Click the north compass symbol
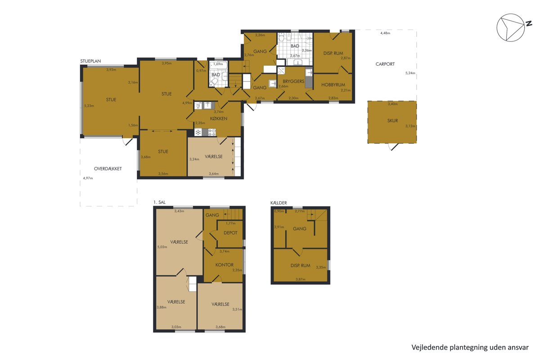point(513,27)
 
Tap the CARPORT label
point(385,64)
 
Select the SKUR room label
point(392,121)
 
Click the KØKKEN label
point(218,118)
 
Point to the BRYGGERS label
point(293,81)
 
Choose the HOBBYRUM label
point(333,85)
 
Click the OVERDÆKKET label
point(108,169)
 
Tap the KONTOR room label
point(224,265)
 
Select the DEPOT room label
point(230,233)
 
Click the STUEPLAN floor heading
point(90,61)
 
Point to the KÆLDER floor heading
point(279,203)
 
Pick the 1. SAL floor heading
point(159,202)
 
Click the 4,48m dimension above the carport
point(385,33)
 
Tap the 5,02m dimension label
point(162,247)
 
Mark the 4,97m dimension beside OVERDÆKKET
point(88,178)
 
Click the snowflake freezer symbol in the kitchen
point(198,132)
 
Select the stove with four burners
point(212,132)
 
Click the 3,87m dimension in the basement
point(301,279)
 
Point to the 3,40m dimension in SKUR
point(392,104)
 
